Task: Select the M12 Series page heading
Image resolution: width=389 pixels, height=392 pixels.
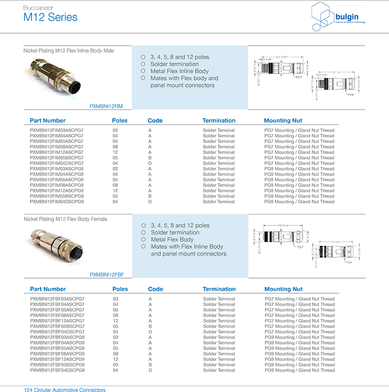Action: coord(50,18)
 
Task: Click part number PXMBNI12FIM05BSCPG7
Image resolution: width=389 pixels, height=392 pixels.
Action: coord(57,158)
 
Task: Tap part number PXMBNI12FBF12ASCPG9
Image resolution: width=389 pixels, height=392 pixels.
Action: coord(57,359)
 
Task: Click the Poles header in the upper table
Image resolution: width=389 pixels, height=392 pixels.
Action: coord(120,120)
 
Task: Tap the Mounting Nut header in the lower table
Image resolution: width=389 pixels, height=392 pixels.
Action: coord(283,289)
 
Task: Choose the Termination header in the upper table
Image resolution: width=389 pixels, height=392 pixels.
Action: coord(219,120)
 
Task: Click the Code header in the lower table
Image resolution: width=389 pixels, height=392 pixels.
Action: coord(156,289)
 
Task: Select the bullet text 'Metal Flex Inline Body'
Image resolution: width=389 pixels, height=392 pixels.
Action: coord(180,71)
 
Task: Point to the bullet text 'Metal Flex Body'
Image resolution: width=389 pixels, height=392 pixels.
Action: coord(172,239)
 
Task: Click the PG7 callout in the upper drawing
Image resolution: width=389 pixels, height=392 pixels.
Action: coord(299,77)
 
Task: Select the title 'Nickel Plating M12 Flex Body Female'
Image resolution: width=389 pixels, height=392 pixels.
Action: coord(65,219)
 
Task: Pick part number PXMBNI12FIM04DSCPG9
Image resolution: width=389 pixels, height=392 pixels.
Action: coord(57,202)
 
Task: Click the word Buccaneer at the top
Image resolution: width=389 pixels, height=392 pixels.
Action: coord(38,8)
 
